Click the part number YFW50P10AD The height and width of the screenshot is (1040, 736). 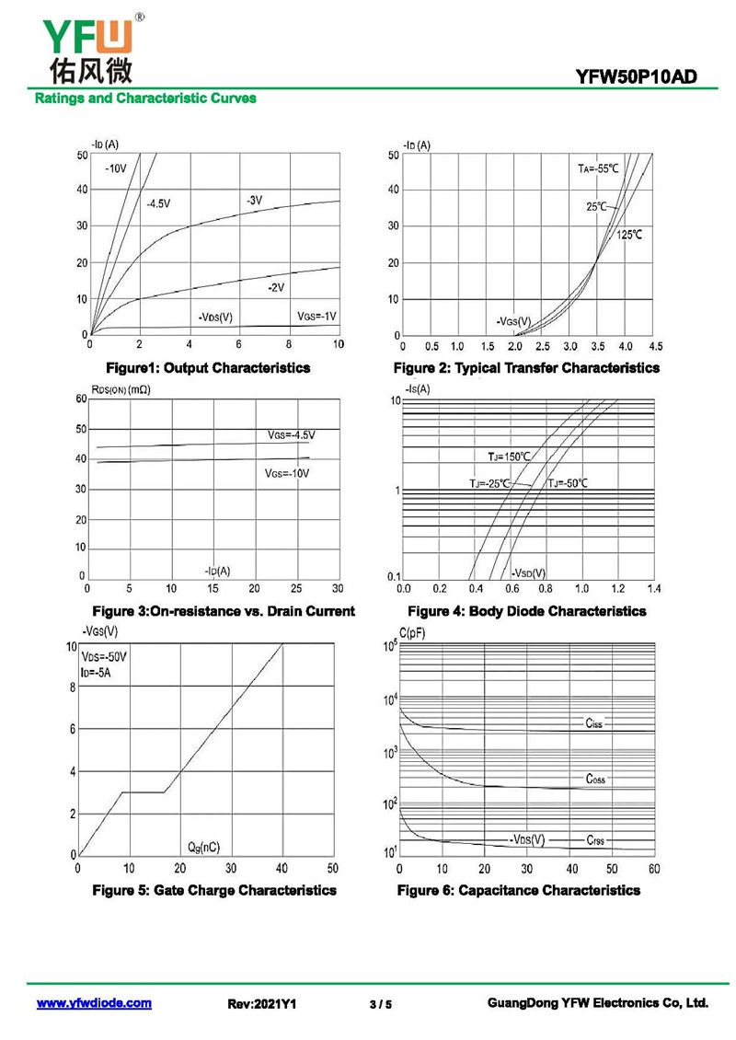pyautogui.click(x=642, y=78)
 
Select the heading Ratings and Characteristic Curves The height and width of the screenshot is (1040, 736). pyautogui.click(x=145, y=98)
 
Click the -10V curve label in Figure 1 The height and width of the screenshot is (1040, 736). pyautogui.click(x=115, y=168)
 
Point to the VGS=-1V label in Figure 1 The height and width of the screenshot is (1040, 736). pyautogui.click(x=316, y=316)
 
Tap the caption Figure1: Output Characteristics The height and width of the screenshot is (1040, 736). pyautogui.click(x=207, y=368)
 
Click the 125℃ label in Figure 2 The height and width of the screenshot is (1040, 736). pyautogui.click(x=629, y=236)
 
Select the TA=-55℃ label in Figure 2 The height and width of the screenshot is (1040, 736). pyautogui.click(x=598, y=168)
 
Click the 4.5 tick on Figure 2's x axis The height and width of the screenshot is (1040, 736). pyautogui.click(x=655, y=347)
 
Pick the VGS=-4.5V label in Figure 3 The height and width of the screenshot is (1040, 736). pyautogui.click(x=291, y=434)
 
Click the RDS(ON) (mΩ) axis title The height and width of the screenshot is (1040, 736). pyautogui.click(x=121, y=389)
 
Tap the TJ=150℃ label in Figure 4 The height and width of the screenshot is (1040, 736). pyautogui.click(x=509, y=456)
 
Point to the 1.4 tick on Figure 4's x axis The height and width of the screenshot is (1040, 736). pyautogui.click(x=653, y=587)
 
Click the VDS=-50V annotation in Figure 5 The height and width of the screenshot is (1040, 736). pyautogui.click(x=104, y=657)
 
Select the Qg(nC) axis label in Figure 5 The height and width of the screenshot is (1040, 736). pyautogui.click(x=203, y=846)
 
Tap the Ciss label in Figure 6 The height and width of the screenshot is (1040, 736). pyautogui.click(x=593, y=723)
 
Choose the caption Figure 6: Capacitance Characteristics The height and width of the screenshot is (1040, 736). pyautogui.click(x=519, y=890)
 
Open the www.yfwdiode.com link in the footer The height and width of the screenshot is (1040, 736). pyautogui.click(x=94, y=1003)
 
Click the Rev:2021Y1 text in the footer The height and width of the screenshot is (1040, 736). pyautogui.click(x=261, y=1004)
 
